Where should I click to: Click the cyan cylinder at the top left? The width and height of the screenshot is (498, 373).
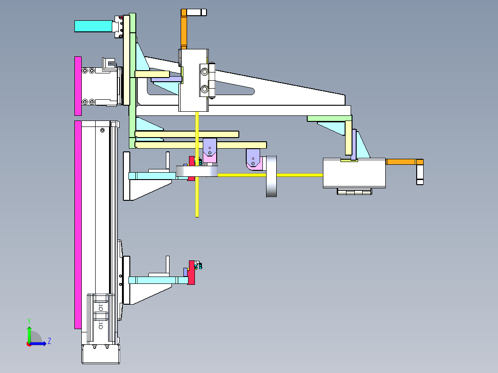(x=94, y=26)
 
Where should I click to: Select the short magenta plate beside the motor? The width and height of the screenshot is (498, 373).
(x=78, y=86)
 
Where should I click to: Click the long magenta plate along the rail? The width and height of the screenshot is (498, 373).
(x=78, y=225)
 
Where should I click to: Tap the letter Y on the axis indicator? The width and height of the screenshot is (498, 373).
(x=29, y=321)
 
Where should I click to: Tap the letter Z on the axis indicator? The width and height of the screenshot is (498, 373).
(x=49, y=341)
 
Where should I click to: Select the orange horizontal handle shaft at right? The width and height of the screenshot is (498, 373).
(x=401, y=162)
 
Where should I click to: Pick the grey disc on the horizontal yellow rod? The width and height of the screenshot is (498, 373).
(x=271, y=176)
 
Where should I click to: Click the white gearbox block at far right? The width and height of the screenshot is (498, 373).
(x=354, y=173)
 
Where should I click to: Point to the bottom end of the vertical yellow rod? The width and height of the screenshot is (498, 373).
(x=197, y=217)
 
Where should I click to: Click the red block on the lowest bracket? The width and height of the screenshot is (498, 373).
(x=191, y=272)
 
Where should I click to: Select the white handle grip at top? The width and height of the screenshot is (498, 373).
(x=196, y=12)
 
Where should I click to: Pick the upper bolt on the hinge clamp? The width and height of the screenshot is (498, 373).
(x=205, y=72)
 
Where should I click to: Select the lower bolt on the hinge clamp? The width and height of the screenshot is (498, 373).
(x=205, y=89)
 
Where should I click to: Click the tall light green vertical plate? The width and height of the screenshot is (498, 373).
(x=133, y=81)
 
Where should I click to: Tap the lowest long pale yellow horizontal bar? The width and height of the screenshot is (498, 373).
(x=200, y=145)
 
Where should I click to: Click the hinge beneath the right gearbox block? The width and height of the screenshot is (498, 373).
(x=354, y=192)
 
